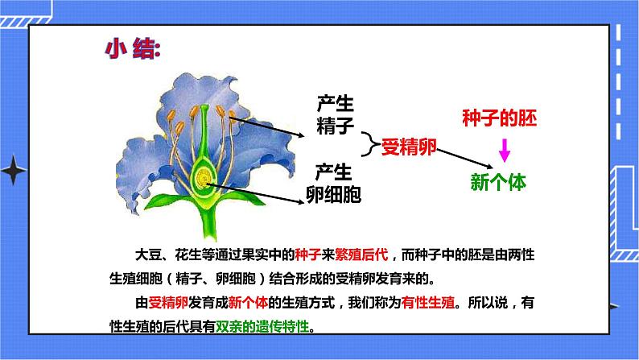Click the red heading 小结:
point(133,49)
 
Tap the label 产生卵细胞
point(333,183)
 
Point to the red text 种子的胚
point(499,118)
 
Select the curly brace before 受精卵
point(370,146)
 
